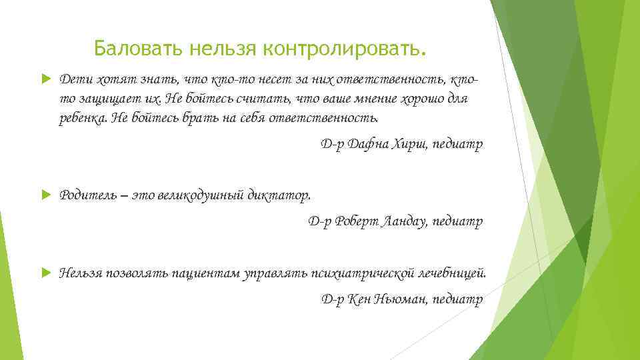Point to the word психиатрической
[360, 273]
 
